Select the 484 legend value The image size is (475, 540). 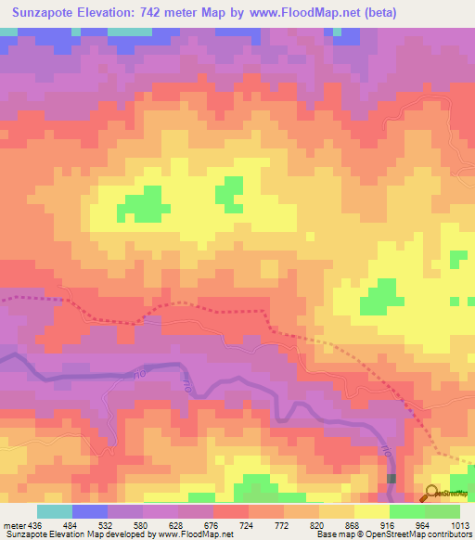point(70,523)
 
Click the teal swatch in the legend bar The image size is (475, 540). point(54,511)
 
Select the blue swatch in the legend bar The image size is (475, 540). point(89,511)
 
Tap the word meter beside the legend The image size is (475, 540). point(12,523)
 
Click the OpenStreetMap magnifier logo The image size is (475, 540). point(430,492)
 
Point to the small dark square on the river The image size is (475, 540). point(392,479)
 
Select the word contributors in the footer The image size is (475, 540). point(450,534)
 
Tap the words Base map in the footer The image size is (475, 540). point(333,534)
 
